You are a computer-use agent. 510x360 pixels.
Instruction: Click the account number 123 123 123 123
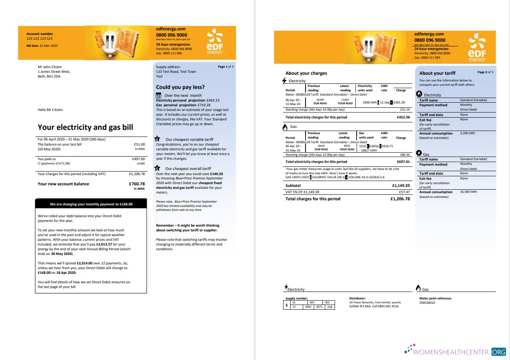click(x=39, y=39)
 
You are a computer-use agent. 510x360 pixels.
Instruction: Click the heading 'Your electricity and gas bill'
click(x=85, y=127)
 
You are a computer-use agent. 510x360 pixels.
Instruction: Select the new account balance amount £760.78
click(x=136, y=184)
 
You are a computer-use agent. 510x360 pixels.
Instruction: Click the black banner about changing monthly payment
click(x=91, y=204)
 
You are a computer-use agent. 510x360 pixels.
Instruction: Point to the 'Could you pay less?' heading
click(x=180, y=87)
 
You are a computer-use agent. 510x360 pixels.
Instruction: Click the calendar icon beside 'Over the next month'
click(x=159, y=95)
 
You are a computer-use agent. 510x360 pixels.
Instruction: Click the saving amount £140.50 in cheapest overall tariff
click(x=216, y=174)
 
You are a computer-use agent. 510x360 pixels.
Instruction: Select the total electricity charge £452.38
click(x=403, y=117)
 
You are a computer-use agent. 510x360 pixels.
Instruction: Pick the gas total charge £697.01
click(x=403, y=162)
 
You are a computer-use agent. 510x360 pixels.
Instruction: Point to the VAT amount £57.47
click(x=404, y=192)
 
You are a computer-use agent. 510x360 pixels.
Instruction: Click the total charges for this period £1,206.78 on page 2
click(x=400, y=199)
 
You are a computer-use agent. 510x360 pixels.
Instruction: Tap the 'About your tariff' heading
click(x=437, y=73)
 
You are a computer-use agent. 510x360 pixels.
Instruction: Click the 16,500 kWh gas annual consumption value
click(x=468, y=192)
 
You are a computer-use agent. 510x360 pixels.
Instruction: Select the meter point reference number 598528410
click(x=427, y=303)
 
